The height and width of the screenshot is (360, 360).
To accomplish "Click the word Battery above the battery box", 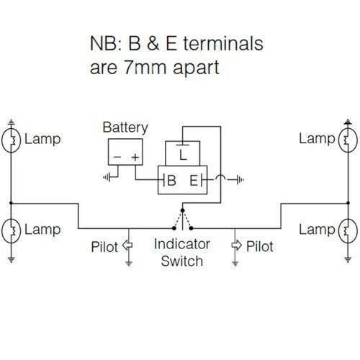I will tap(125, 127).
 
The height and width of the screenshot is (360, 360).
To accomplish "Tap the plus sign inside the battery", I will tap(134, 156).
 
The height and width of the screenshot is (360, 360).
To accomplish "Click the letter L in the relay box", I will tap(184, 153).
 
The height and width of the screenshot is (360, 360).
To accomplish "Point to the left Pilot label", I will tap(106, 246).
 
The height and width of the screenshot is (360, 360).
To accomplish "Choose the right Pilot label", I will tap(259, 246).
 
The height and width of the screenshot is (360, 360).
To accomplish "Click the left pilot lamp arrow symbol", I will tap(128, 246).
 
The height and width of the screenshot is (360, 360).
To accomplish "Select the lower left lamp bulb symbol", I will tap(12, 230).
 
